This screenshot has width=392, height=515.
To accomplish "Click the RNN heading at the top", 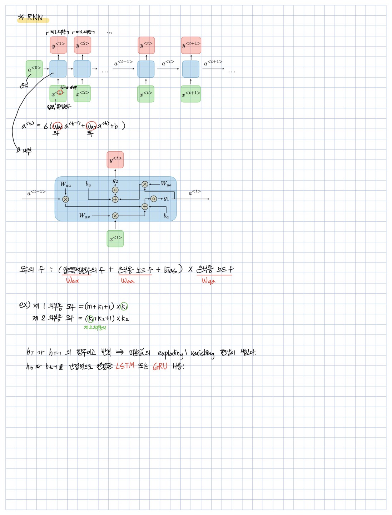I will pos(35,17).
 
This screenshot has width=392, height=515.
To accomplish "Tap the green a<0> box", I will pos(34,69).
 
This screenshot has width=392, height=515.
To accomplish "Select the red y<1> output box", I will pos(58,45).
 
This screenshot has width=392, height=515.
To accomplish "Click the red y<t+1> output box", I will pos(191,45).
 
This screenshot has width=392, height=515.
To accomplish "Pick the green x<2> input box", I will pos(82,94).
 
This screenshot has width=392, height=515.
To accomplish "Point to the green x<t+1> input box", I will pos(190,94).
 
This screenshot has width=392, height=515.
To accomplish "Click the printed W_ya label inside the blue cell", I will pos(166,184).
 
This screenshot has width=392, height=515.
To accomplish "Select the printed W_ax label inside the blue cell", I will pos(85,216).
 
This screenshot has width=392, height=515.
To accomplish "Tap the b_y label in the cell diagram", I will pos(88,184).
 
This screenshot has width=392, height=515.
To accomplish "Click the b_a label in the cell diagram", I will pos(166,216).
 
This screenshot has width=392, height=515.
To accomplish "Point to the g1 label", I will pos(167,198).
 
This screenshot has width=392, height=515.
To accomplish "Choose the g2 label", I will pos(115,181).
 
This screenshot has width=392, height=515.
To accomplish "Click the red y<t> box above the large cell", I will pos(115,160).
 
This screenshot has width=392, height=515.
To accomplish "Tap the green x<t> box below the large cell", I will pos(115,239).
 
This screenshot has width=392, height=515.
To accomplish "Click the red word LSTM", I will pos(125,366).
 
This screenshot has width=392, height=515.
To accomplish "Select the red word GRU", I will pos(160,367).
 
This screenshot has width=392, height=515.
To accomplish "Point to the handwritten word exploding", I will pos(170,353).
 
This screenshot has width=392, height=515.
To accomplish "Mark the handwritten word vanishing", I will pos(202,354).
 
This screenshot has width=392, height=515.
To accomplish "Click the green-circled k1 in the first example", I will pos(124,307).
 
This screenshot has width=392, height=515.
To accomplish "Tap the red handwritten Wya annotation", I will pos(209,281).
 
